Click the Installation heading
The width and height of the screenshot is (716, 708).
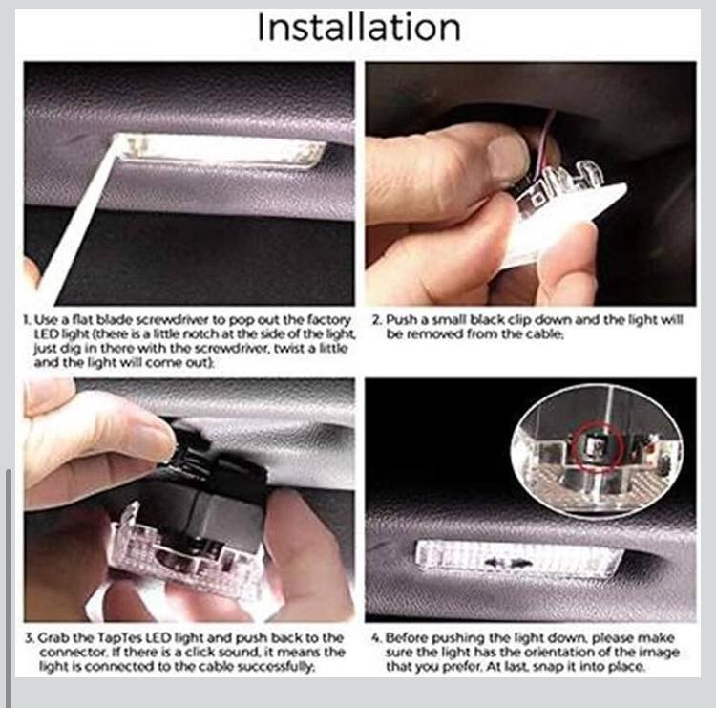(359, 28)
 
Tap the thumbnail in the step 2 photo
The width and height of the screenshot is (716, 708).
(508, 157)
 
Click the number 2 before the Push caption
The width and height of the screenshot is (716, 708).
(376, 319)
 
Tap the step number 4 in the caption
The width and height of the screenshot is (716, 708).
(375, 637)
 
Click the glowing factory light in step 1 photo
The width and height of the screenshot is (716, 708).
(220, 150)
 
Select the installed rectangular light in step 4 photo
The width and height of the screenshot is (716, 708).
(518, 560)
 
